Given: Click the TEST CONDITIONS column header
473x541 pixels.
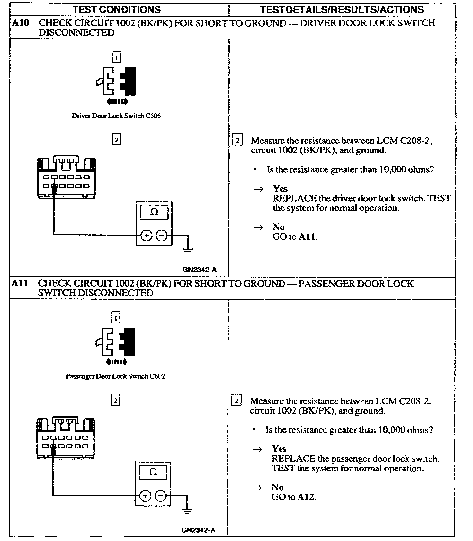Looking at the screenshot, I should pos(116,10).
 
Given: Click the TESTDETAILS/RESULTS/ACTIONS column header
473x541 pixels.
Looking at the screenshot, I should pos(342,10).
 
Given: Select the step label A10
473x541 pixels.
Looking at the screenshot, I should pos(21,23).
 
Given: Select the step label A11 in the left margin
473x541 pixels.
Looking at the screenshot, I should pos(20,283).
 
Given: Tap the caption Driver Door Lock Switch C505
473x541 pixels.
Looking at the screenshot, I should pos(116,116).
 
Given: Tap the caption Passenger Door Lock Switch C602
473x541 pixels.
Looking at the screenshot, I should pos(115,376).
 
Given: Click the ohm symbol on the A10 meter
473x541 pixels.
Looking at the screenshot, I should pos(154,212).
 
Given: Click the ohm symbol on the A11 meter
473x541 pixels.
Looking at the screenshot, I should pos(153,472).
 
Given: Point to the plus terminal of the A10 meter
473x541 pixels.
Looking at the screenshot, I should pos(146,236).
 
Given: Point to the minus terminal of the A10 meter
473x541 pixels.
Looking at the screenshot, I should pos(162,236).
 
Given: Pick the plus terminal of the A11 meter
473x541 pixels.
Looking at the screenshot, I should pos(145,496).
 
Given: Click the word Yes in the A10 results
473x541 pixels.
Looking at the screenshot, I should pos(280,188).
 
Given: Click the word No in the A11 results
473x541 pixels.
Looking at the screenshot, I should pos(277,487).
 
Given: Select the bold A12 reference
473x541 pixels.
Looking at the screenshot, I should pos(307,497).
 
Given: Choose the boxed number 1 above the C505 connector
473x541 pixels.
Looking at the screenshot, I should pos(116,57).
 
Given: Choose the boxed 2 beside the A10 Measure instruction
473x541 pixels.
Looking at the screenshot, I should pos(237,141).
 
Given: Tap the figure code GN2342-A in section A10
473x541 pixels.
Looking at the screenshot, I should pos(199,270).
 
